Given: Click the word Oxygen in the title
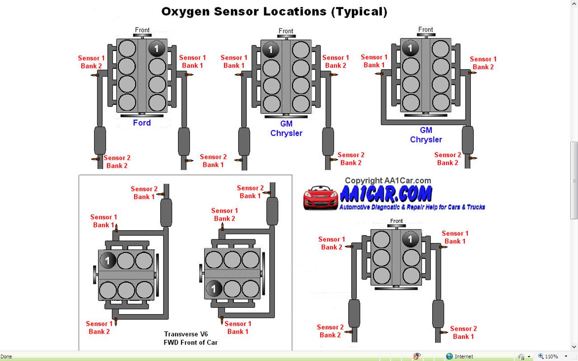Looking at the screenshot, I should point(185,11).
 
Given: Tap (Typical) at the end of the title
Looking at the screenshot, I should point(359,11).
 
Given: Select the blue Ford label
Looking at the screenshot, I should point(142,123).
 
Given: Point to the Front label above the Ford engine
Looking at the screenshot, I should point(142,30).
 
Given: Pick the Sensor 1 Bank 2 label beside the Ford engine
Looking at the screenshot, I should point(91,62).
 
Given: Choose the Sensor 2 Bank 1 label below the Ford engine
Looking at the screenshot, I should point(213,161).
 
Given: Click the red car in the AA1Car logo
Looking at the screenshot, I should point(321,198).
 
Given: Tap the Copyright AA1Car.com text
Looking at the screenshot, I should point(388,180).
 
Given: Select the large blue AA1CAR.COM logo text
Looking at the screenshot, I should point(386,194).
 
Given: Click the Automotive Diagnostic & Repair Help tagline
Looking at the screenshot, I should point(412,207).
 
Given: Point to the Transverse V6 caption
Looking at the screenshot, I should point(186,334).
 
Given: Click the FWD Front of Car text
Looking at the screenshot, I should point(191,342).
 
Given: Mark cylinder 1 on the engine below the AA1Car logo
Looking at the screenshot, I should point(410,239).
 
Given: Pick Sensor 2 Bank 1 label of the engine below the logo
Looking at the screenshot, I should point(463,333).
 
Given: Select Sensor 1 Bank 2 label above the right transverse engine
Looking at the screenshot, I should point(224,214).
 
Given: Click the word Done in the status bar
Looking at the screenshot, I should point(6,356).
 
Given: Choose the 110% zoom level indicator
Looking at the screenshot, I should point(551,356).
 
